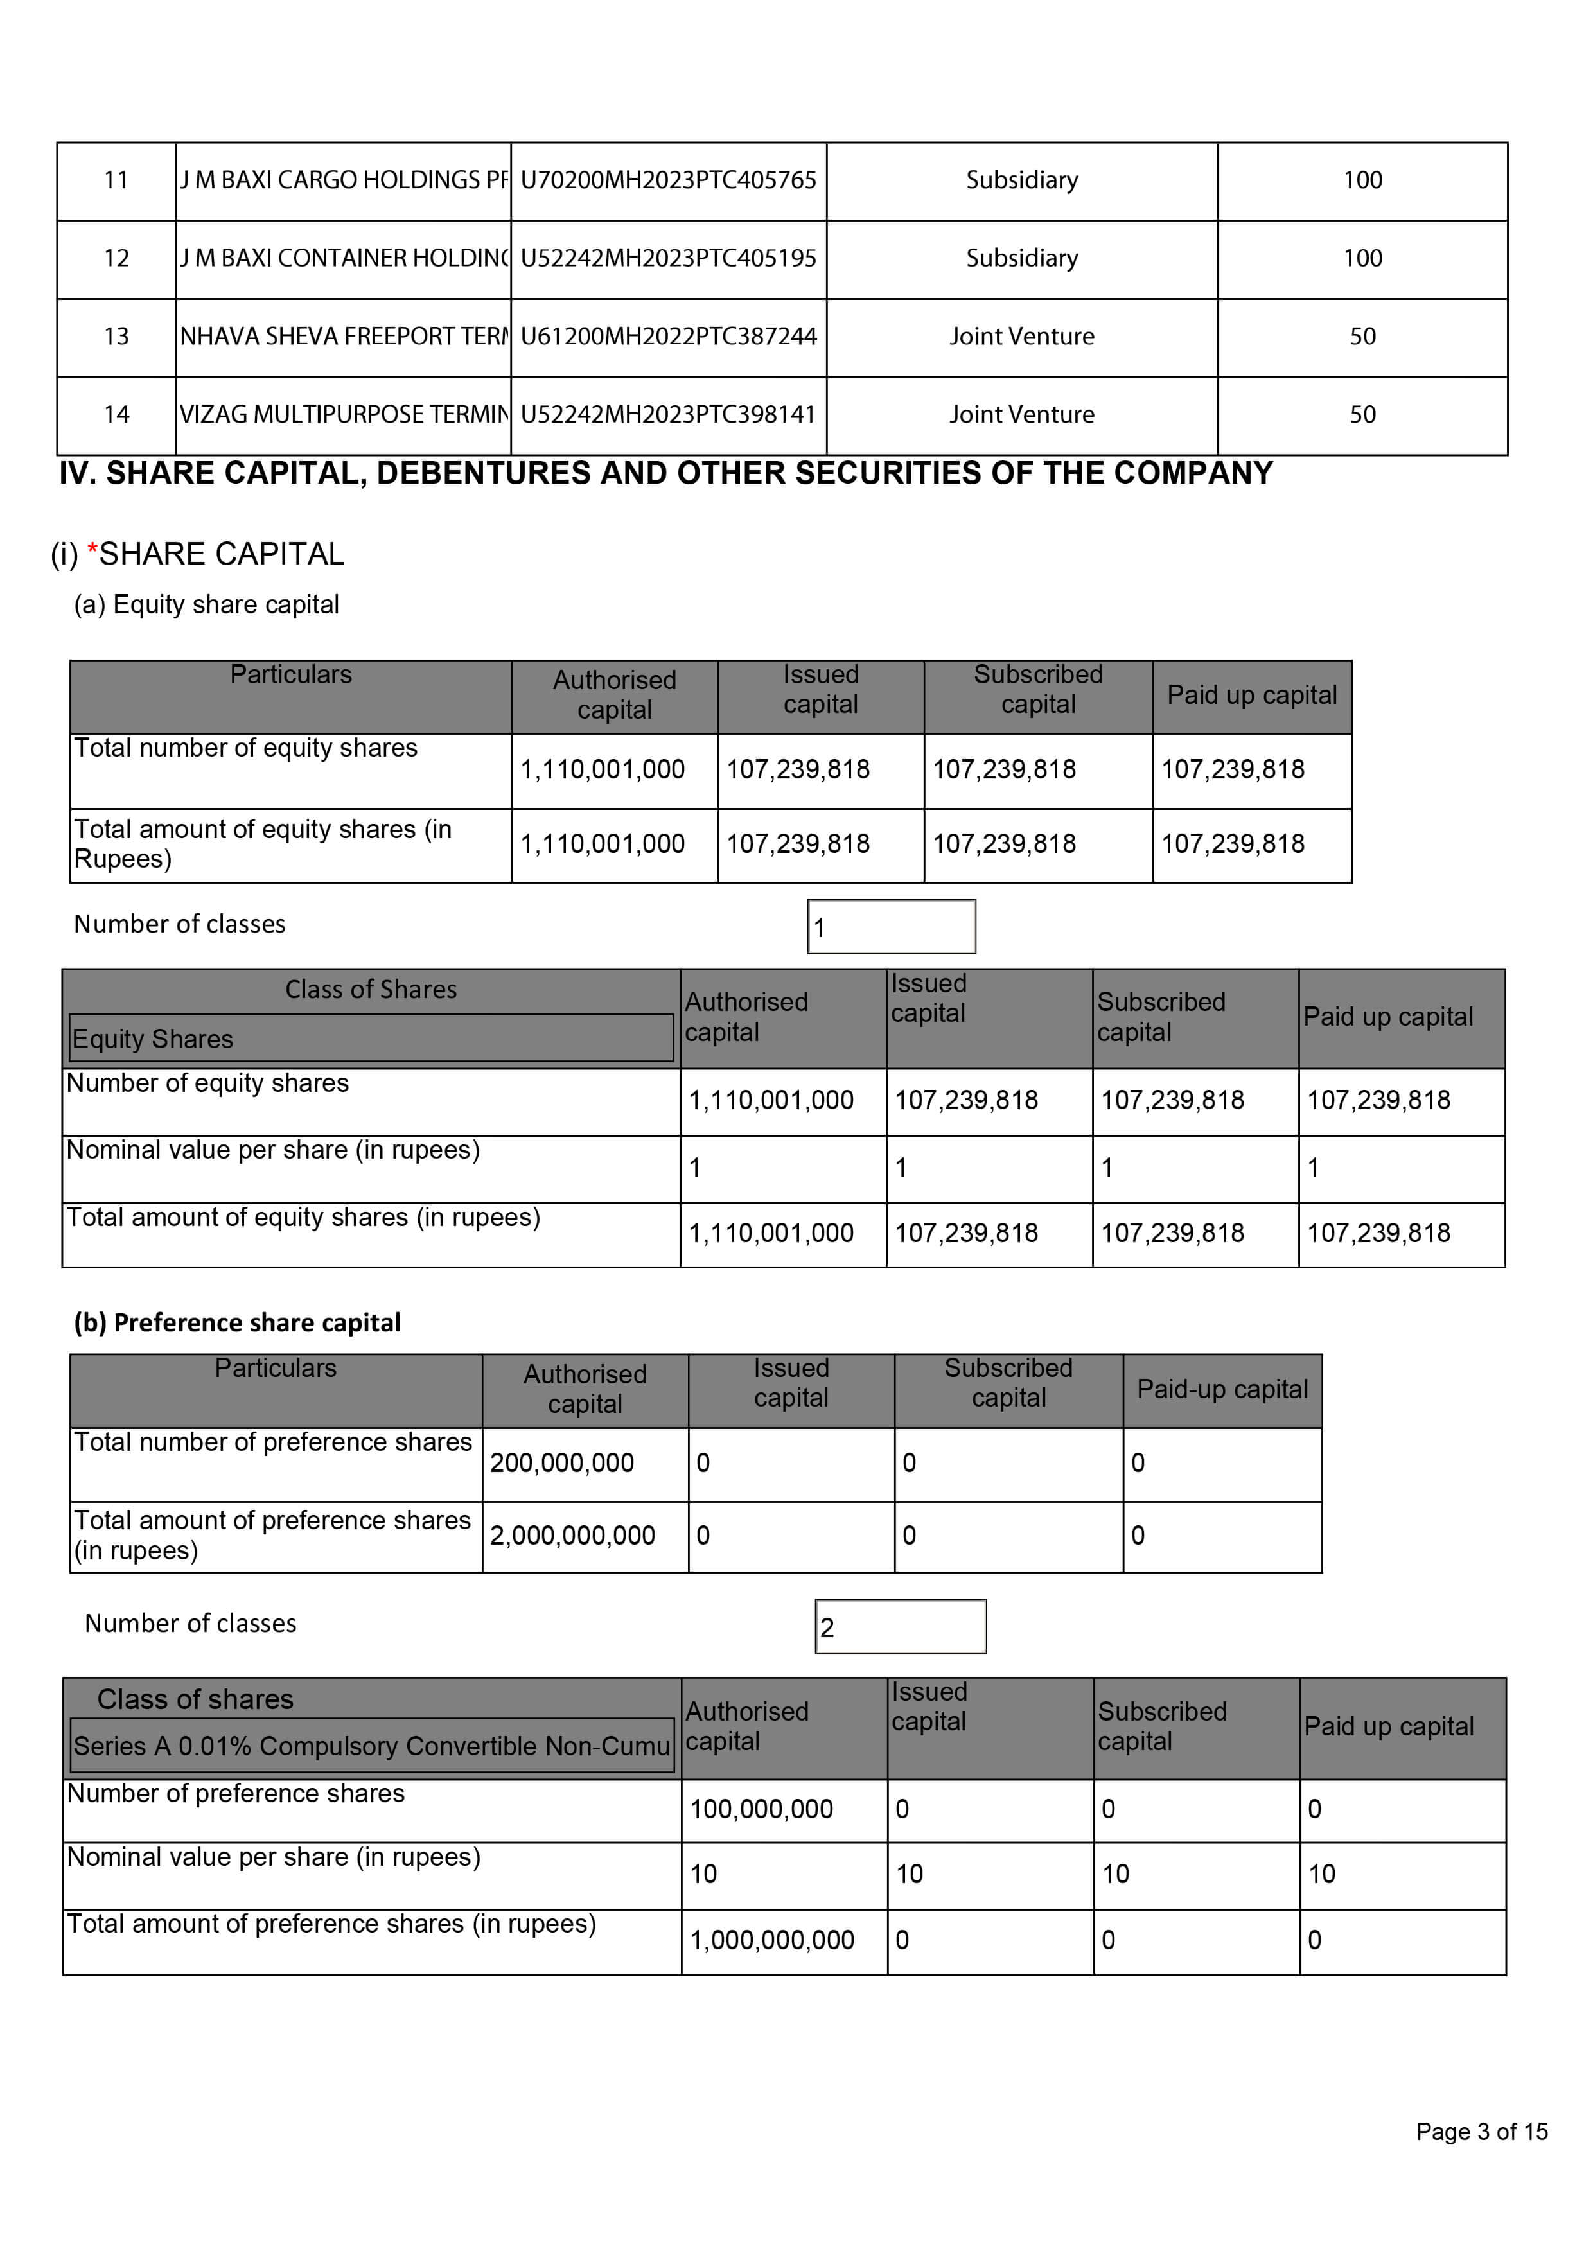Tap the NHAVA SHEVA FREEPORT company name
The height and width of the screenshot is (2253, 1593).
344,337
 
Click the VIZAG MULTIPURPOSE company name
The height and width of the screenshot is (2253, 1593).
344,414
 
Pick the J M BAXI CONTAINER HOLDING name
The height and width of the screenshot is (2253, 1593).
344,258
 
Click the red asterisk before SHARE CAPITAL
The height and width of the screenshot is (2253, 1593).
92,552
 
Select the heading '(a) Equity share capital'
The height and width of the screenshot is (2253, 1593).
206,604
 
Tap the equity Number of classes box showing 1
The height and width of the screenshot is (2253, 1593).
891,926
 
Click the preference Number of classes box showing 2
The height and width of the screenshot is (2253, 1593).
900,1627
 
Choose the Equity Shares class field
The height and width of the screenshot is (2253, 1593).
371,1038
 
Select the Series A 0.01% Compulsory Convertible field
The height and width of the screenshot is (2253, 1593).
371,1746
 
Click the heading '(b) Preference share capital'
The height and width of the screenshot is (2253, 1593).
238,1323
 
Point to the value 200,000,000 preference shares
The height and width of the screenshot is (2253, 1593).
563,1462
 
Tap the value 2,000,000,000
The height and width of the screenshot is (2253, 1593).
572,1535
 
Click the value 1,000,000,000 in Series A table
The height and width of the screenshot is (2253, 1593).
771,1940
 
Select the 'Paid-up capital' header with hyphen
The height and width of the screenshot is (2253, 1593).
1222,1389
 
